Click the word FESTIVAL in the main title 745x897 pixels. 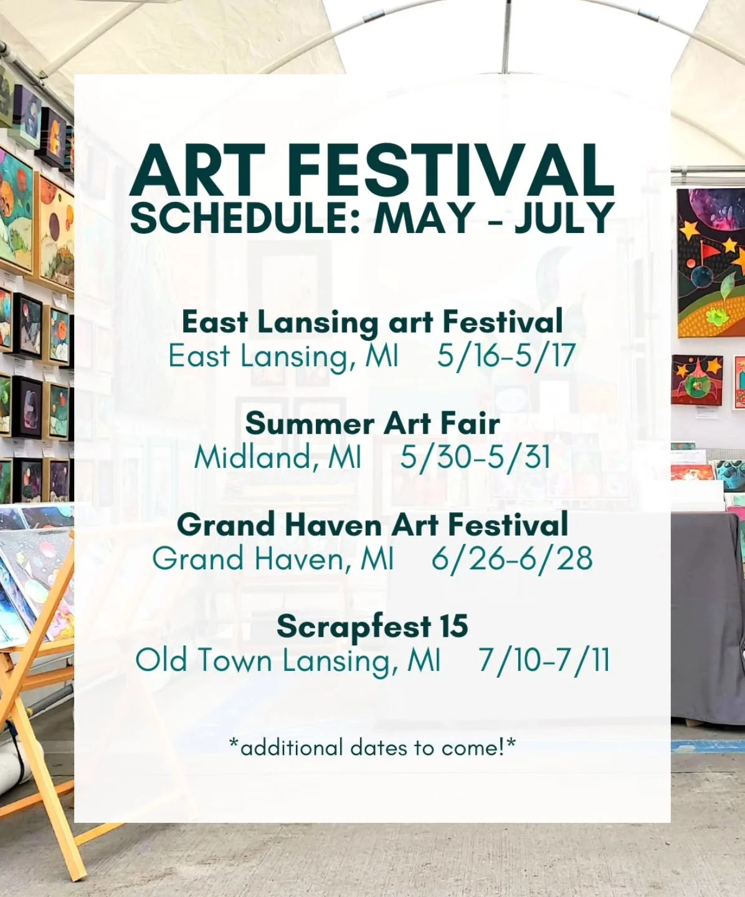click(452, 170)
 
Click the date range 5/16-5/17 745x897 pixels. click(506, 356)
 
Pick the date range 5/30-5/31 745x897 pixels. click(476, 457)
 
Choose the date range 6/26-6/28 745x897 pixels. click(512, 559)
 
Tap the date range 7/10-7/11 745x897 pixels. click(544, 660)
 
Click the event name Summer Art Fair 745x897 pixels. click(372, 424)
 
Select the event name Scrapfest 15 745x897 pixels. click(372, 626)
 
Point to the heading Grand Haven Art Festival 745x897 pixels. click(372, 524)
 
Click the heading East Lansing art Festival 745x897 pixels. click(372, 322)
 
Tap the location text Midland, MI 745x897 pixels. click(278, 457)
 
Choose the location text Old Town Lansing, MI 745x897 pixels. click(288, 660)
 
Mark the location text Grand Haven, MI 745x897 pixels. click(273, 559)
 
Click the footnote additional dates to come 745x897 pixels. click(372, 747)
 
